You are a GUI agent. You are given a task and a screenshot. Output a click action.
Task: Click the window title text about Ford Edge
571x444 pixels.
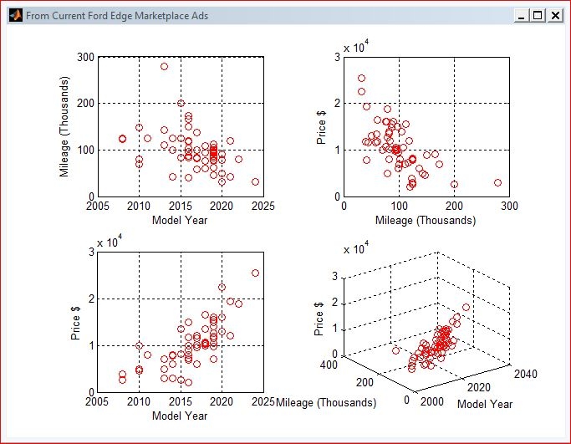coord(117,16)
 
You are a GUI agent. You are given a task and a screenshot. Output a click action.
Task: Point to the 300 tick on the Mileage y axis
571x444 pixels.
coord(84,57)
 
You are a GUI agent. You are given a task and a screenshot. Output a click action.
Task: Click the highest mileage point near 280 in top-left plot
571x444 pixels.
coord(164,66)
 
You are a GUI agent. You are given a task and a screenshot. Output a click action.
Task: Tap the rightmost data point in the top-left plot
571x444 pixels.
coord(255,181)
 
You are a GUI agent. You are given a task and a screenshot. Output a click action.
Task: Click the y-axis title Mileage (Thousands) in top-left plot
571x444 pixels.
coord(64,126)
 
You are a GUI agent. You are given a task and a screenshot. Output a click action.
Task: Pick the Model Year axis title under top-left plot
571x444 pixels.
coord(181,220)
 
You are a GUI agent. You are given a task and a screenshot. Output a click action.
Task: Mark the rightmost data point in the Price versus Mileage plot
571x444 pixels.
coord(497,182)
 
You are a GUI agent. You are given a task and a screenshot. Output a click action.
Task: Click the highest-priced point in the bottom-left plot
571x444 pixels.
coord(255,273)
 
